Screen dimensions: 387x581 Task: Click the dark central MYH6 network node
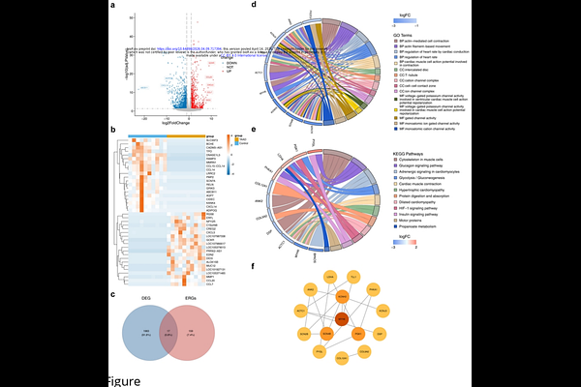(x=340, y=318)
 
